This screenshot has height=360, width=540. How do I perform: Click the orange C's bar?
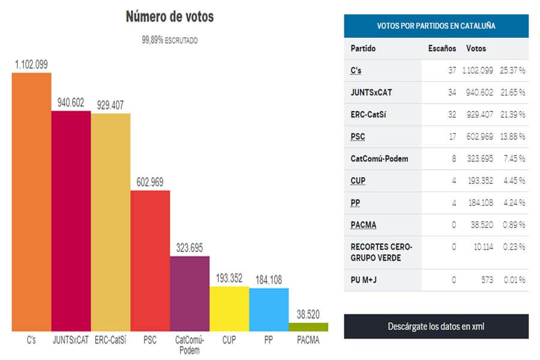point(31,202)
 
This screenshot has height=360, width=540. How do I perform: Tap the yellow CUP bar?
point(229,308)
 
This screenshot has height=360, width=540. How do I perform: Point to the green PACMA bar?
point(308,327)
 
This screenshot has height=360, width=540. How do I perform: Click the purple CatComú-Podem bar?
point(190,293)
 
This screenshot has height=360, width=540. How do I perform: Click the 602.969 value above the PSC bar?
point(150,182)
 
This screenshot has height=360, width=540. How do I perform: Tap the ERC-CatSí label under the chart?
point(110,340)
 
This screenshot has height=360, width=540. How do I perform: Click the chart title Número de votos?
point(170,17)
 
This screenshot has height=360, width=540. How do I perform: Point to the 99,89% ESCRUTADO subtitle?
point(170,41)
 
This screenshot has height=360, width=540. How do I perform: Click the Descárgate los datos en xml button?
point(436,326)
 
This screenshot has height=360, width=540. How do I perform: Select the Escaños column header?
point(442,49)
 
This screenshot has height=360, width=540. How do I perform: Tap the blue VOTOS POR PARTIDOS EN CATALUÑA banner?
point(436,26)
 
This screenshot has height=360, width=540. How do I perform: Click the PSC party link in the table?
point(358,137)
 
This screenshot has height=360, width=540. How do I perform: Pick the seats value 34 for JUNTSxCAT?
point(452,92)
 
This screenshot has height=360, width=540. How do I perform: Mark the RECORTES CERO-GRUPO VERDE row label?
point(381,252)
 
